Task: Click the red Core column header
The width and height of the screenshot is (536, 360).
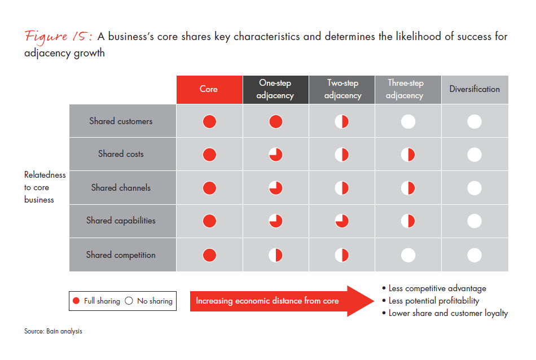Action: tap(209, 90)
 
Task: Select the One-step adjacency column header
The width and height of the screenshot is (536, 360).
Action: tap(275, 90)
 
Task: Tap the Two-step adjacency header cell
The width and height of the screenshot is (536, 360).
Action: tap(342, 90)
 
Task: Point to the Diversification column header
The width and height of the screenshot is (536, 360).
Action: tap(475, 90)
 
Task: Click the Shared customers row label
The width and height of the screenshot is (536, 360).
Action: tap(121, 121)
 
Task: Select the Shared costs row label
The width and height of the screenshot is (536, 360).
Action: tap(121, 154)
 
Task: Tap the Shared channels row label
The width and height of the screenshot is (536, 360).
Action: tap(121, 188)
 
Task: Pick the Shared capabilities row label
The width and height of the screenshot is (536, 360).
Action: tap(121, 221)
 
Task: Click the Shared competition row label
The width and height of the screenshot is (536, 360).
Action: tap(121, 255)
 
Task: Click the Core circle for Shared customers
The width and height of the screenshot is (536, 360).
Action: tap(209, 121)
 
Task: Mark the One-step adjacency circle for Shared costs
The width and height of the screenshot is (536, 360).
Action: tap(275, 155)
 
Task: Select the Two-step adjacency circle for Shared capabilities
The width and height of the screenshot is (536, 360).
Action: tap(342, 221)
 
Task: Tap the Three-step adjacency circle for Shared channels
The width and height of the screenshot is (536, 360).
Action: tap(408, 188)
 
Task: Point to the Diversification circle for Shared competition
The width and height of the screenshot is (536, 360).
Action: tap(475, 255)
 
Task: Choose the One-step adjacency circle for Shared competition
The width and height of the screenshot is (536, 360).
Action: tap(275, 255)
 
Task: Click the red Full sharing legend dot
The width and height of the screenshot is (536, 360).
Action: tap(76, 301)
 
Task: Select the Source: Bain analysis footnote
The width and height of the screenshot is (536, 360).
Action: tap(53, 331)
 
